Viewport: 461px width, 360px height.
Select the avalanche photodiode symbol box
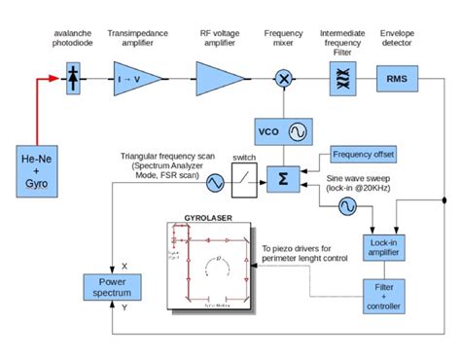[74, 78]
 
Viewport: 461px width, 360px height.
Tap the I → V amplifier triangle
[131, 78]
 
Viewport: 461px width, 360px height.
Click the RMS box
[397, 78]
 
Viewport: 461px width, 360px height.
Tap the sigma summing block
[283, 179]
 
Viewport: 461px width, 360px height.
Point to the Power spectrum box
[110, 287]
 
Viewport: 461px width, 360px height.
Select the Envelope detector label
[396, 38]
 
